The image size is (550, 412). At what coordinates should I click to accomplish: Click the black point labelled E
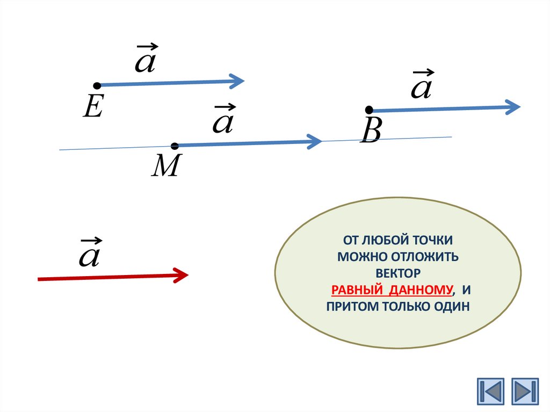(x=97, y=85)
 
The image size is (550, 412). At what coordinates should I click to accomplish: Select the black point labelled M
(x=175, y=146)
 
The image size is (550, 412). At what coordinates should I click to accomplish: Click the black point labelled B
(x=369, y=110)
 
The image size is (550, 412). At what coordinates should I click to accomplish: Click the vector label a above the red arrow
(x=89, y=254)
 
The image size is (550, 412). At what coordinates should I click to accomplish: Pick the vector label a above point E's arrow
(x=145, y=60)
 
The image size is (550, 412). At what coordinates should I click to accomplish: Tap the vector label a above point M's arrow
(x=223, y=120)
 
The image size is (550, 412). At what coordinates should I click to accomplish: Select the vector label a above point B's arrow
(x=421, y=86)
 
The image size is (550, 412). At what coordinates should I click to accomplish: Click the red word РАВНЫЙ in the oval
(x=357, y=291)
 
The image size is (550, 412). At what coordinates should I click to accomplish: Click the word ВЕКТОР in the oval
(x=398, y=273)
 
